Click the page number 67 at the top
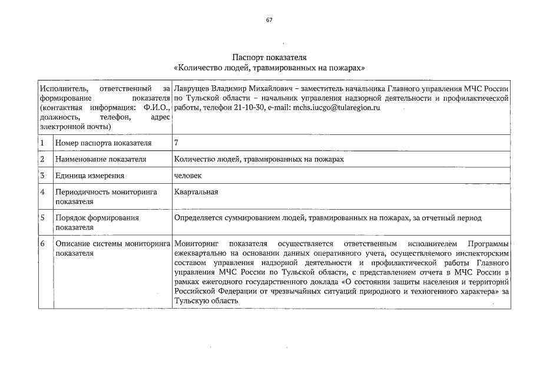pos(269,19)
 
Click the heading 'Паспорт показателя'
pos(269,58)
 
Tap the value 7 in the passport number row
pos(177,143)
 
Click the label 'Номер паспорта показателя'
pos(103,143)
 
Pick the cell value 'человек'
pos(188,176)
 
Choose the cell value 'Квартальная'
pos(196,191)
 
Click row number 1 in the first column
pos(43,143)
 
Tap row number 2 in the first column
pos(43,159)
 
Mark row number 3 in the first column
pos(43,175)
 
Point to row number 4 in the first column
pos(43,191)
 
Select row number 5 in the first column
pos(43,217)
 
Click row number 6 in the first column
pos(43,243)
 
